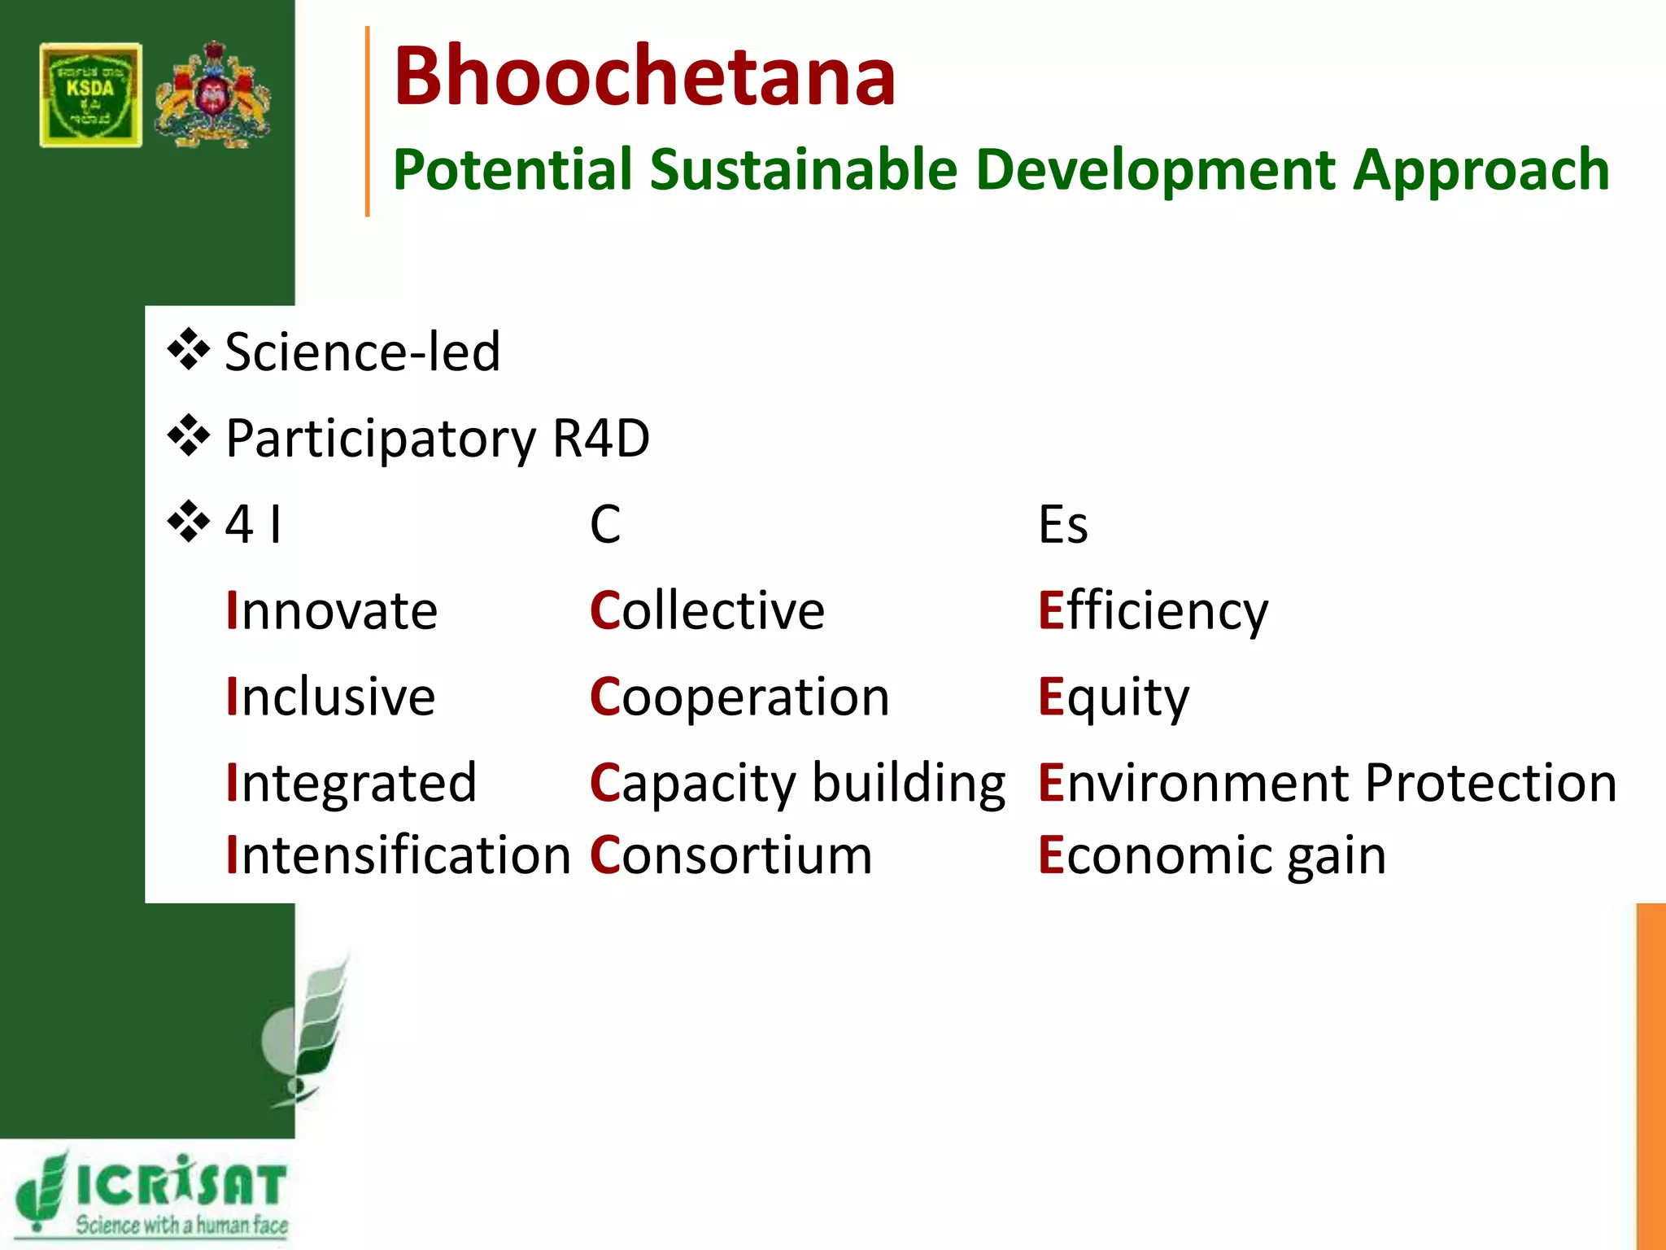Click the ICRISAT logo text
coord(181,1185)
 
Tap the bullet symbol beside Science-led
coord(189,351)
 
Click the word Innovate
coord(332,610)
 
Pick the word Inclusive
coord(331,697)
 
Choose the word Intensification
coord(399,855)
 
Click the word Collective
coord(707,610)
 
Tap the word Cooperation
coord(739,697)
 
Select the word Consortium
coord(731,855)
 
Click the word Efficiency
coord(1153,611)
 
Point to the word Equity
coord(1114,697)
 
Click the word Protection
coord(1490,783)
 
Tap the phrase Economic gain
coord(1212,856)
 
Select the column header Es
coord(1062,524)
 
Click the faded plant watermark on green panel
coord(309,1034)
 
